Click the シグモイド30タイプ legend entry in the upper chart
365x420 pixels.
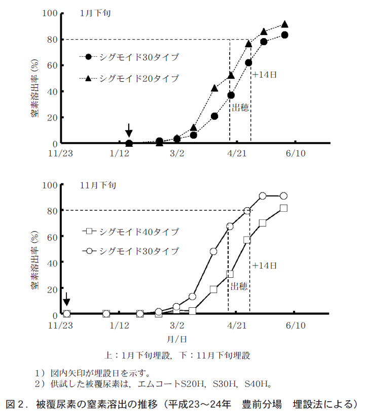pos(139,57)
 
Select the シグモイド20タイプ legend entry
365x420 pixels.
pos(139,78)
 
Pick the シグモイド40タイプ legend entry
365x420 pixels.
pos(139,232)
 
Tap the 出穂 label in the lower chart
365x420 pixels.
pos(239,286)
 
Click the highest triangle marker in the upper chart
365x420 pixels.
pos(284,24)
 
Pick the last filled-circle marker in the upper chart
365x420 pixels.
pos(284,35)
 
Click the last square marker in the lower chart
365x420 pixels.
pos(283,208)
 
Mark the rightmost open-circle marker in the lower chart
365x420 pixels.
pos(283,196)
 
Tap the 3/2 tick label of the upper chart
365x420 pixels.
pos(177,153)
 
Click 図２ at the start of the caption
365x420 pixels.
pos(16,405)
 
